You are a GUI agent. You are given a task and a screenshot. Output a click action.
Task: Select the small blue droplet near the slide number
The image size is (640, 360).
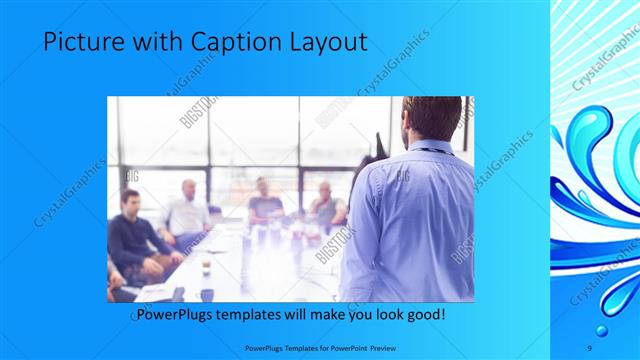[x=602, y=330]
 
